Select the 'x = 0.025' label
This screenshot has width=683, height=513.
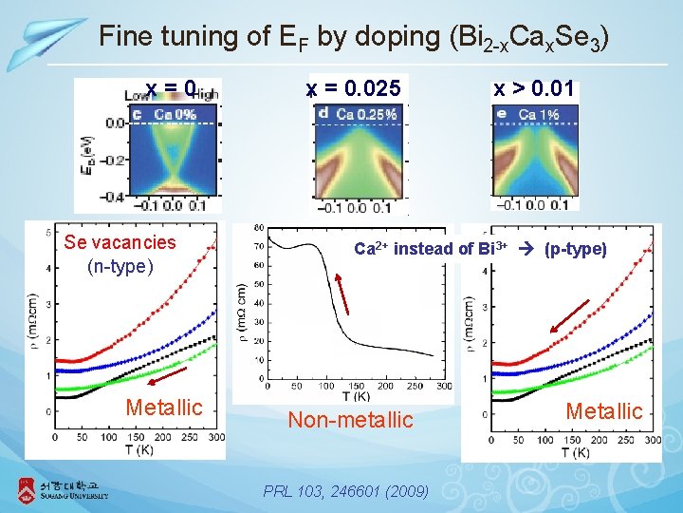[355, 89]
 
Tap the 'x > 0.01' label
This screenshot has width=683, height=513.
[533, 89]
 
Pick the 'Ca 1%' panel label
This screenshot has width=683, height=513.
[534, 114]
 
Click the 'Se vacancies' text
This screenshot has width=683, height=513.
[120, 242]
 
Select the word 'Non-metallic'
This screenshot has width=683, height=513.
[350, 420]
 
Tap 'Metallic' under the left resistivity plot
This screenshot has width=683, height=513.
[164, 408]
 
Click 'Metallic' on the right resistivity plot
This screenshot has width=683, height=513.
[603, 411]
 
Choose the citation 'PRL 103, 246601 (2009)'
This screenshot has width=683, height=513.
[348, 491]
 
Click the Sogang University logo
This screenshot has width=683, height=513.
[63, 489]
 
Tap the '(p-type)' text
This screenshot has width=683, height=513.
[575, 249]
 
